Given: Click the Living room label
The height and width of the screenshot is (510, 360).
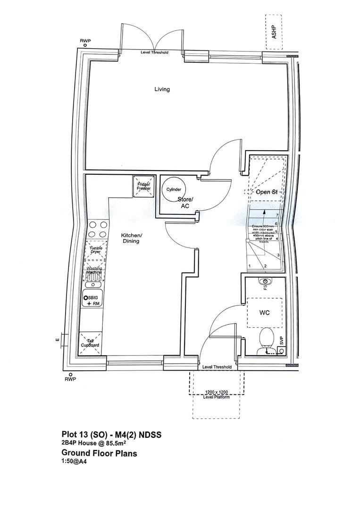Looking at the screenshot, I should point(162,89).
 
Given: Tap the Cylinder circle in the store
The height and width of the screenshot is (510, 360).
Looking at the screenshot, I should point(173,189).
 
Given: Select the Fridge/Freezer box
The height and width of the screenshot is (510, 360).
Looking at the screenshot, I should point(143,186).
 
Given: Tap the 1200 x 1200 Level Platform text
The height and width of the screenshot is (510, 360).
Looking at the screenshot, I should point(216,395).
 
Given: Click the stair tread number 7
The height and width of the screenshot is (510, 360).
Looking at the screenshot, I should point(276,215).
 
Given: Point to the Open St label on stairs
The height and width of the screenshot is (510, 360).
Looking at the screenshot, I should point(267,192).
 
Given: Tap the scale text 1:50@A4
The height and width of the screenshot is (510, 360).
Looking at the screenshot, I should point(74,462).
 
